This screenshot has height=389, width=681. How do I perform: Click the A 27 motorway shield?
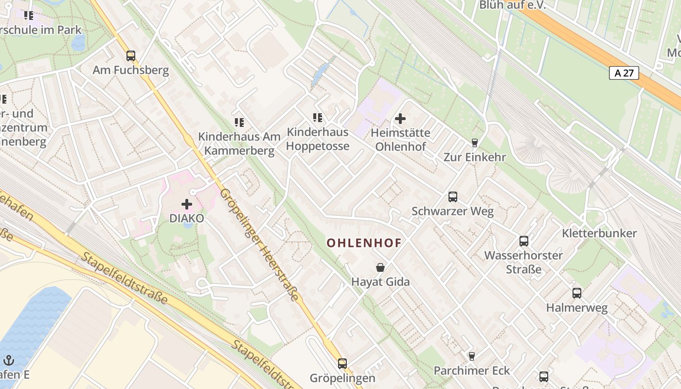click(624, 73)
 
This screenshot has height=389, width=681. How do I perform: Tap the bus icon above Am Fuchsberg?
click(130, 55)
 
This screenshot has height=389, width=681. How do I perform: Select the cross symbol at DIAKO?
click(187, 204)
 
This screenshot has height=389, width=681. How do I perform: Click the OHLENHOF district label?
click(364, 243)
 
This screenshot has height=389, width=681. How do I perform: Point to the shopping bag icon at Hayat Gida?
click(380, 267)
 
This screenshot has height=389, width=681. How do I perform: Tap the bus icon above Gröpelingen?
click(342, 363)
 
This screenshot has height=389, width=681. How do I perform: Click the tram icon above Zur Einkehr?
click(475, 142)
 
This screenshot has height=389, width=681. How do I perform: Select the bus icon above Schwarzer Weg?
click(453, 197)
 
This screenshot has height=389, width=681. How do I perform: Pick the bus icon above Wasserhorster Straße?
click(524, 241)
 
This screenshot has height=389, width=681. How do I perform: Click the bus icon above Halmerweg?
click(577, 293)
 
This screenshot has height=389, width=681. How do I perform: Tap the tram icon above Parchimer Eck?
click(471, 356)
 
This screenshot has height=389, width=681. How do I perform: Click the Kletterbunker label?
click(599, 233)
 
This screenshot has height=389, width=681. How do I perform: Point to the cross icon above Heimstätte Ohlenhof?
click(400, 118)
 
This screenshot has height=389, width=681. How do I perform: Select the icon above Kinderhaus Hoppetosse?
click(318, 117)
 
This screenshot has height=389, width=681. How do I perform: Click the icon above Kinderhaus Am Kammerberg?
click(239, 122)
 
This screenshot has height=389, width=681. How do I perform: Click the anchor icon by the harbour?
click(9, 360)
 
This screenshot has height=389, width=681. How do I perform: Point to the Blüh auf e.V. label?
click(513, 5)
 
